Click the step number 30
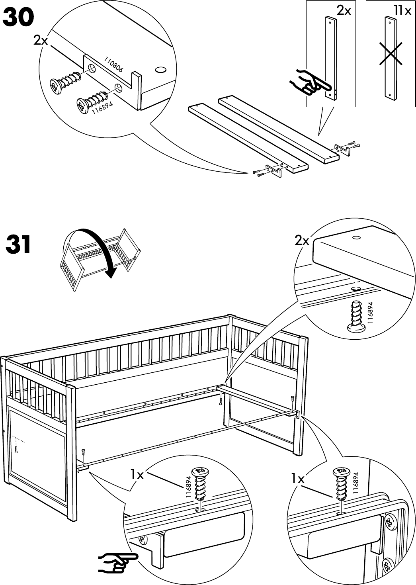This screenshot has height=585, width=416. click(19, 18)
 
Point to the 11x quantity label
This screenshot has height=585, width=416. click(402, 11)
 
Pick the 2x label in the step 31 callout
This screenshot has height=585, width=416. click(302, 241)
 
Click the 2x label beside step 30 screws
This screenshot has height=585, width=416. click(40, 40)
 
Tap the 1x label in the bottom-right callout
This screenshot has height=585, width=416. click(297, 479)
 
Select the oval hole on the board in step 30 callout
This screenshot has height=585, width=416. click(160, 70)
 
